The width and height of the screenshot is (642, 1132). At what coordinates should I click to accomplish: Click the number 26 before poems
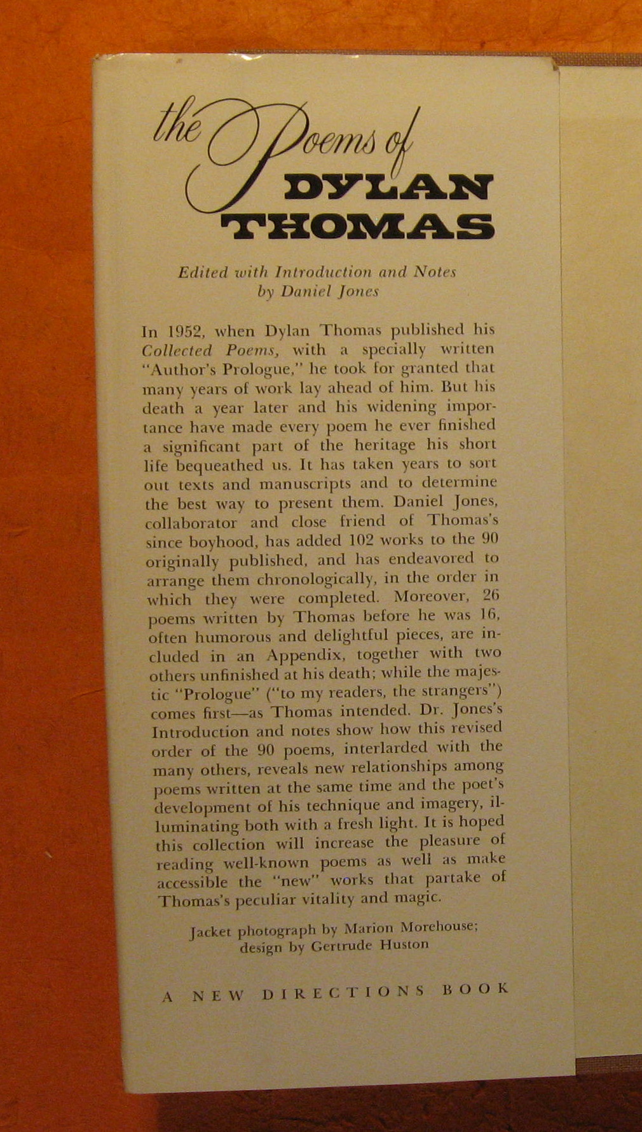point(487,597)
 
